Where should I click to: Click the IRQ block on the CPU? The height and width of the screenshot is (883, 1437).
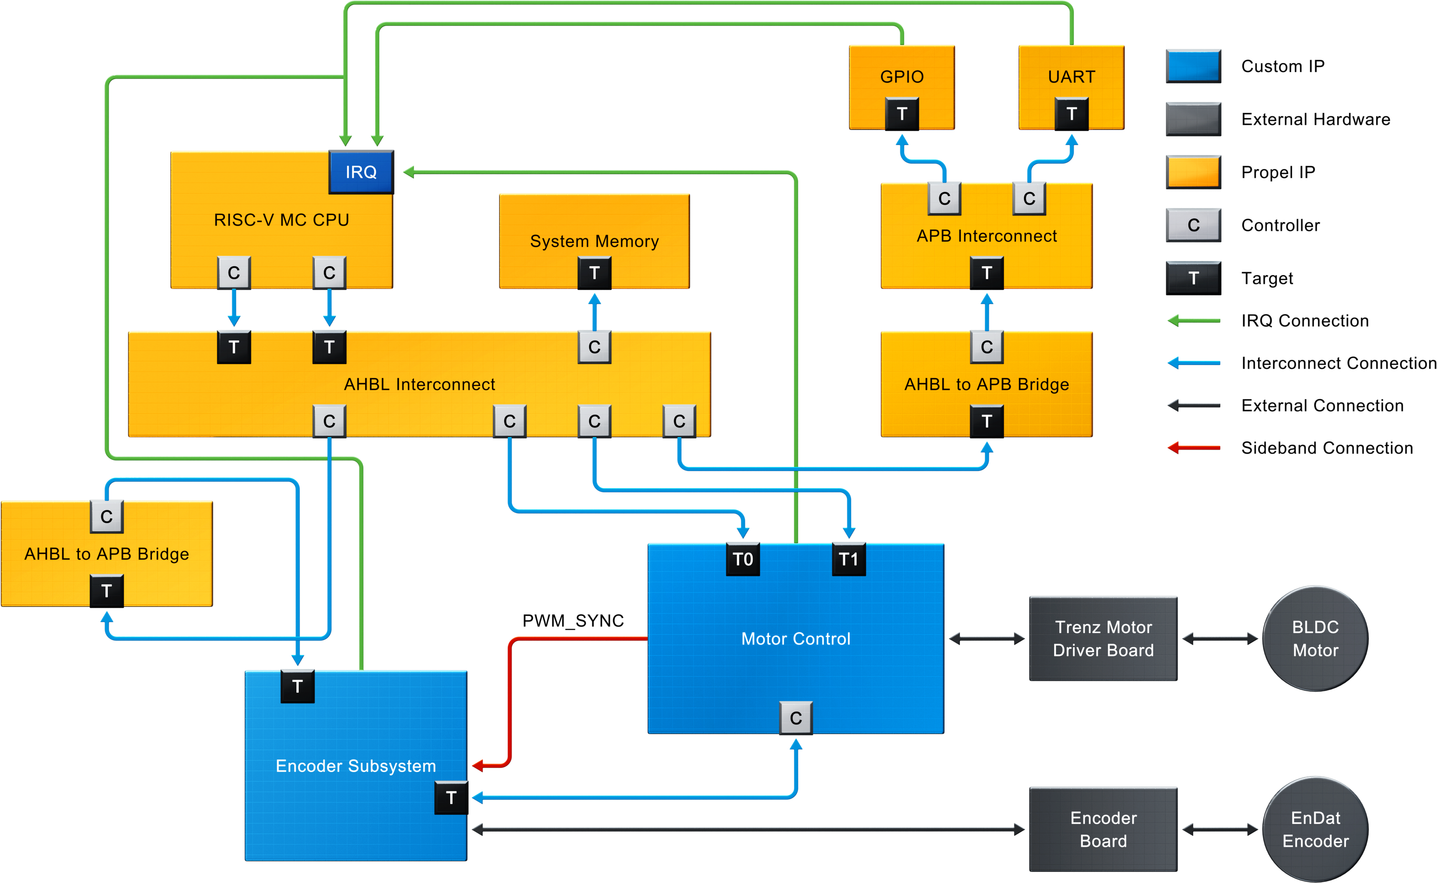pyautogui.click(x=361, y=172)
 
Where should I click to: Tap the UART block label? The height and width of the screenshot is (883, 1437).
pyautogui.click(x=1071, y=77)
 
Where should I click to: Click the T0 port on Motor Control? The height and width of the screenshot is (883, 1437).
pyautogui.click(x=742, y=559)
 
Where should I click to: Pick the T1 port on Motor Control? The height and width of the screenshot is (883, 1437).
pyautogui.click(x=848, y=559)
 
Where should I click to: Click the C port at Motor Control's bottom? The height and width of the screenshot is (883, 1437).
pyautogui.click(x=795, y=718)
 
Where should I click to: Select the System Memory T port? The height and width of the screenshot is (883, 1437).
pyautogui.click(x=594, y=273)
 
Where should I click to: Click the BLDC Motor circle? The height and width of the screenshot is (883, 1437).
pyautogui.click(x=1315, y=638)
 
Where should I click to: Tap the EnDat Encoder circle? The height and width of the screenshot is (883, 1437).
pyautogui.click(x=1315, y=829)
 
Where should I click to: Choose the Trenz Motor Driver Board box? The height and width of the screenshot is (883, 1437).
pyautogui.click(x=1103, y=638)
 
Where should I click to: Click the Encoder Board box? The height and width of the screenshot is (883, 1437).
pyautogui.click(x=1103, y=829)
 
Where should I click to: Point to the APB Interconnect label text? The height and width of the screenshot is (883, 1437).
pyautogui.click(x=987, y=236)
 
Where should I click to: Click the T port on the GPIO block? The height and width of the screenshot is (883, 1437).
pyautogui.click(x=902, y=114)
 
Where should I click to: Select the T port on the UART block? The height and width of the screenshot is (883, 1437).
pyautogui.click(x=1071, y=114)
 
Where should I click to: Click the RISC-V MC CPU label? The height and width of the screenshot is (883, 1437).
pyautogui.click(x=282, y=220)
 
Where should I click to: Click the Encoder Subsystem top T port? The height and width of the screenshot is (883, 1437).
pyautogui.click(x=297, y=686)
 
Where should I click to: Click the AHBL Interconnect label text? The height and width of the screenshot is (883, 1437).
pyautogui.click(x=420, y=384)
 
